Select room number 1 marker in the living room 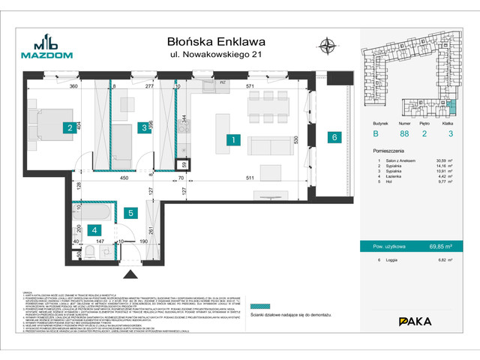pos(234,139)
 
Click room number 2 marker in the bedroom pos(68,128)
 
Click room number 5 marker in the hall pos(130,213)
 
